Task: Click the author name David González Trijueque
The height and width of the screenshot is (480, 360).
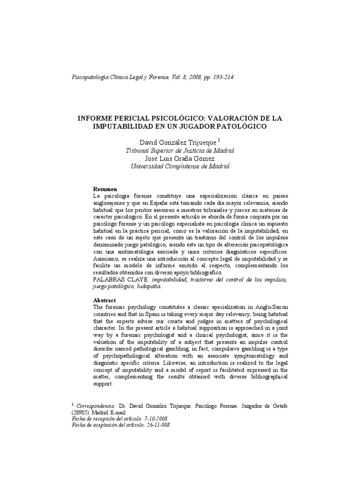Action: click(178, 142)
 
